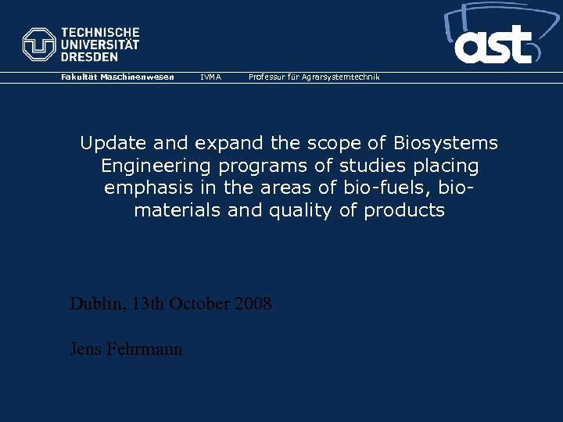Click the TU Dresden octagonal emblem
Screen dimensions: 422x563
39,45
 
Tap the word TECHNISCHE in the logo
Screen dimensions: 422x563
100,33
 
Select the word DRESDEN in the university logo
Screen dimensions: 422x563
90,57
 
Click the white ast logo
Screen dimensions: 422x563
494,45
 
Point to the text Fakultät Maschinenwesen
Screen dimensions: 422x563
118,77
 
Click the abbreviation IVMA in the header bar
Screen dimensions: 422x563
210,77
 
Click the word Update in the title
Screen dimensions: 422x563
107,143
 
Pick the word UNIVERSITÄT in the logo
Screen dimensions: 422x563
100,45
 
